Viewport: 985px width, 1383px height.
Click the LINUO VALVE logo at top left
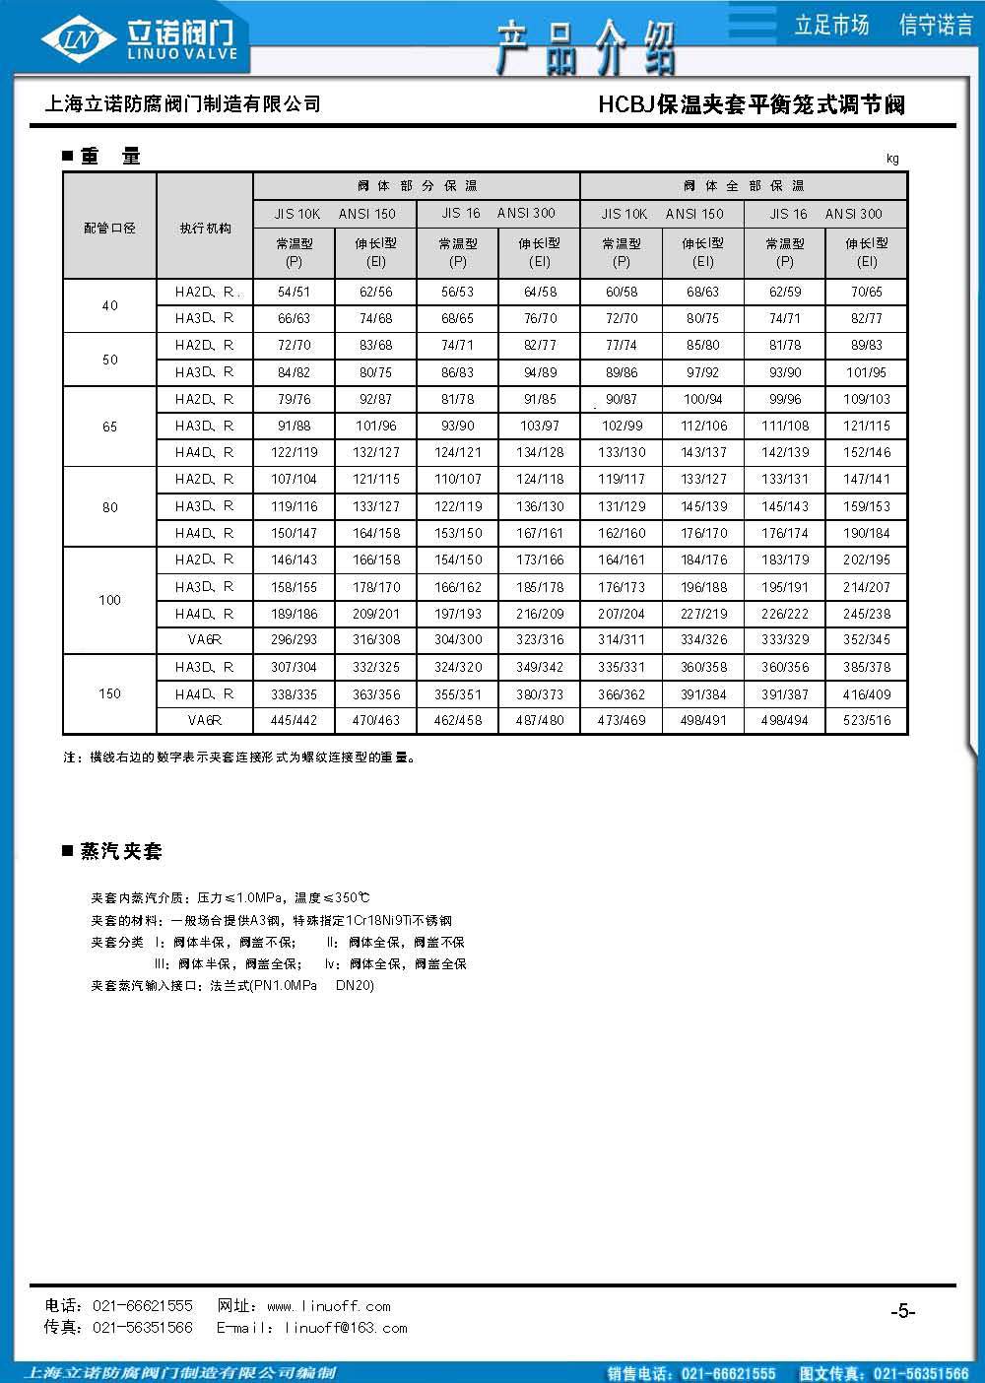[x=143, y=39]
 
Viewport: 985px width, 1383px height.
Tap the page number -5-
[x=902, y=1311]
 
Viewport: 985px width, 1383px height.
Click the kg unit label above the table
[x=892, y=159]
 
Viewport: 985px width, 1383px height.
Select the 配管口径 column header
[x=109, y=228]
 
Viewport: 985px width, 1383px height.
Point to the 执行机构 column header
[x=205, y=228]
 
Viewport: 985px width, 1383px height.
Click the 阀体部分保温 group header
[x=417, y=186]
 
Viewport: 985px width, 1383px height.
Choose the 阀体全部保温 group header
[x=744, y=186]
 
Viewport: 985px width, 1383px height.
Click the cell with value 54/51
[x=294, y=293]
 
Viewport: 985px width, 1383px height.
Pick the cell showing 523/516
[x=867, y=720]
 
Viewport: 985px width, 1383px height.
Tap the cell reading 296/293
[x=294, y=639]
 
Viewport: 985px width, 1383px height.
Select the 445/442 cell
[x=294, y=720]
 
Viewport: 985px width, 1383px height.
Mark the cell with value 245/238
[x=867, y=613]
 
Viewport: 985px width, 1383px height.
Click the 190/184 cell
[x=867, y=533]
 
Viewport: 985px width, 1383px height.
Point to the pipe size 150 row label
[x=109, y=693]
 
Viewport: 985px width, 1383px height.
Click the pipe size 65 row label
[x=109, y=427]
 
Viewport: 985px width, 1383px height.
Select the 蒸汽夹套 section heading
[x=121, y=851]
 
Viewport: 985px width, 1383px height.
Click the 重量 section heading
[x=110, y=156]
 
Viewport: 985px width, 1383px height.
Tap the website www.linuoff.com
[x=329, y=1306]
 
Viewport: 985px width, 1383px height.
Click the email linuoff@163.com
[x=346, y=1328]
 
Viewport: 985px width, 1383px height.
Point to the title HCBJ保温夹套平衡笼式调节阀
[x=752, y=104]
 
